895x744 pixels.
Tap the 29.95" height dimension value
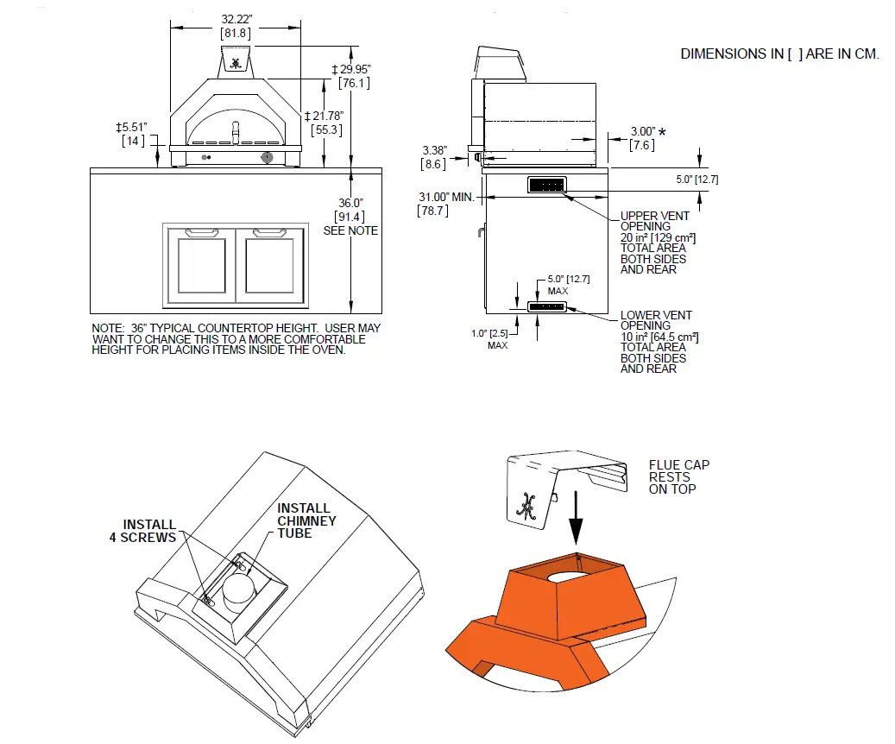[355, 69]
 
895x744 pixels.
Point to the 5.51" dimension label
[133, 128]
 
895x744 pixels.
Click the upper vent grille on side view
[546, 185]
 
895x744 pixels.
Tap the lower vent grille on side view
[546, 306]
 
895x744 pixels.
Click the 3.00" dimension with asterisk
[643, 131]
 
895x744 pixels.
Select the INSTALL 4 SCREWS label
[149, 531]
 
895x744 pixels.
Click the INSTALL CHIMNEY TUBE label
[306, 520]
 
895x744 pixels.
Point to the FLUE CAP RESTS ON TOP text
[679, 476]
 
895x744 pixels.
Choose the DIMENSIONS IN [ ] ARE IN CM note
[779, 54]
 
